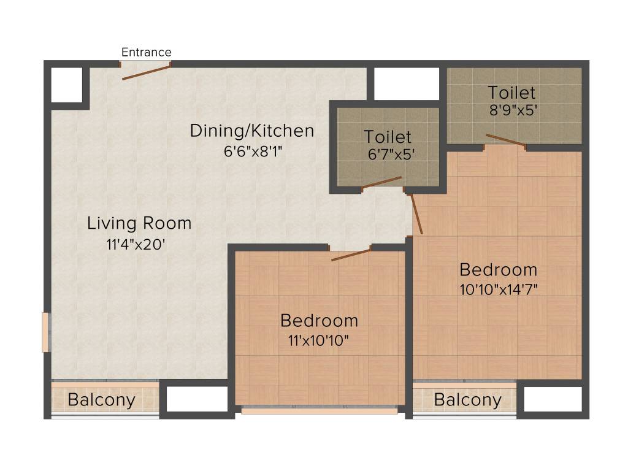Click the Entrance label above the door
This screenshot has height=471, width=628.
click(146, 52)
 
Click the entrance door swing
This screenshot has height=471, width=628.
click(146, 72)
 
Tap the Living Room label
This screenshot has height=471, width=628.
click(139, 223)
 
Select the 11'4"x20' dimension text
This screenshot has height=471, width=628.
click(136, 244)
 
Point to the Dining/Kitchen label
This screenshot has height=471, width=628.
click(251, 131)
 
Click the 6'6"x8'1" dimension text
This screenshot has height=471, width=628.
click(252, 150)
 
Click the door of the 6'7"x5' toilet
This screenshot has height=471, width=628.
click(381, 183)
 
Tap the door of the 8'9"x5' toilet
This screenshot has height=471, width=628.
click(506, 140)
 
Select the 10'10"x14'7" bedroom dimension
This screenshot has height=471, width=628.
click(499, 289)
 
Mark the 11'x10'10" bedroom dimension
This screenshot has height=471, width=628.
click(319, 339)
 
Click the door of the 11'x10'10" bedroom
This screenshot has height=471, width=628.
click(351, 255)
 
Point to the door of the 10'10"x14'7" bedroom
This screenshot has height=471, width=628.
click(416, 214)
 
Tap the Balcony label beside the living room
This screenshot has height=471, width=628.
click(101, 400)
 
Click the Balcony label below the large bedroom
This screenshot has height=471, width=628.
click(467, 400)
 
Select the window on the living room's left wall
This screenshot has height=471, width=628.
click(45, 332)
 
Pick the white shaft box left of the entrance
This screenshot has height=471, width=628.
click(66, 85)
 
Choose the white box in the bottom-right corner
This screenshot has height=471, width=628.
click(553, 399)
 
